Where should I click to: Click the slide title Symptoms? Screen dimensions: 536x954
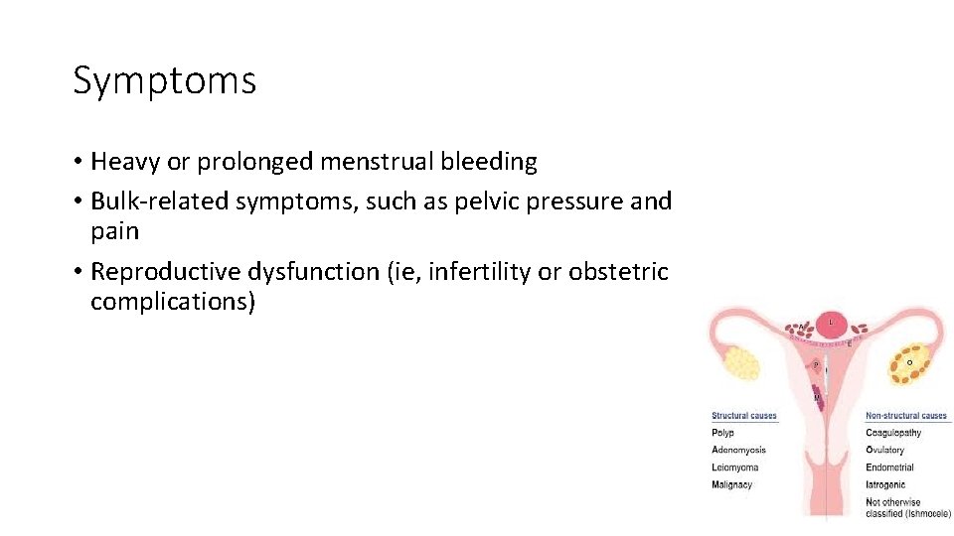coord(164,80)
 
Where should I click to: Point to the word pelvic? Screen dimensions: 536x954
coord(486,201)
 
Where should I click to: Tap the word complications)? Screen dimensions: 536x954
coord(173,302)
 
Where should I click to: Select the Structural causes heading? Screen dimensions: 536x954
coord(744,416)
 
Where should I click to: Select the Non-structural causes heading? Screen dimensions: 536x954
coord(906,416)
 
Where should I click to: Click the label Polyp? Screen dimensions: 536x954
coord(723,433)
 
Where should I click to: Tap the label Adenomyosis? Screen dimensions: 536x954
coord(738,450)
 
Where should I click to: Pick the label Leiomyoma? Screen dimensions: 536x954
coord(735,468)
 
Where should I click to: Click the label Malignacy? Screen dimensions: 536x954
coord(732,485)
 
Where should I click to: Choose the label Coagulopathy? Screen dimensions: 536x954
coord(893,433)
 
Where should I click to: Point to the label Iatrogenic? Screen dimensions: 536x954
coord(885,485)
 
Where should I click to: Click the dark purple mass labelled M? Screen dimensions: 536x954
coord(818,396)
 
